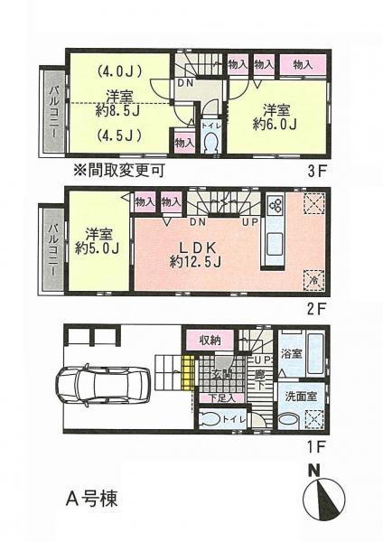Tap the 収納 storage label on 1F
tap(210, 340)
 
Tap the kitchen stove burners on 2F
tap(275, 203)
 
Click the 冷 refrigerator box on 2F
tap(312, 280)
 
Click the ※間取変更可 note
tap(112, 172)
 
